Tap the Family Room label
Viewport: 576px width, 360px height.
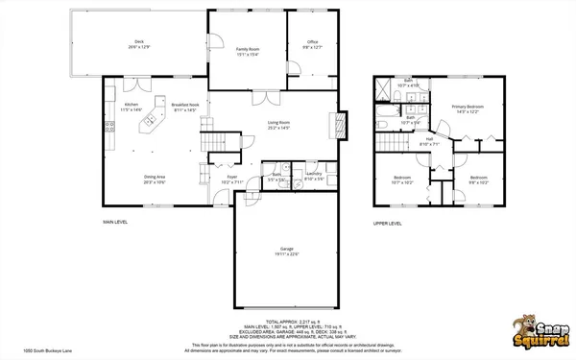coord(248,50)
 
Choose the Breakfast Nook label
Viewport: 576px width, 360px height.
coord(184,107)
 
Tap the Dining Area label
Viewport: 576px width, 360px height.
coord(156,179)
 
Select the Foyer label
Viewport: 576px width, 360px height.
coord(231,179)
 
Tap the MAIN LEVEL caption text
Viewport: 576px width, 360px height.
coord(115,222)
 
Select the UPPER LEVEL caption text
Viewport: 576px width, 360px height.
coord(388,223)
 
